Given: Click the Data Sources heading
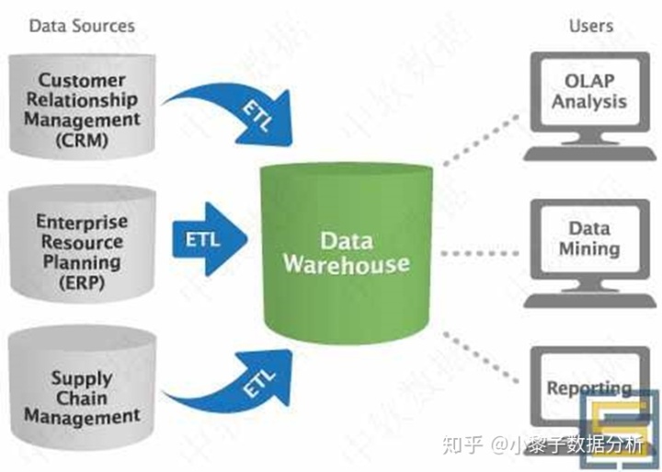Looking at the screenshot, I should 82,25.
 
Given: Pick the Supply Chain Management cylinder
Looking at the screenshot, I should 80,391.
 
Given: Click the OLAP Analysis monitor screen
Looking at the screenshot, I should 588,91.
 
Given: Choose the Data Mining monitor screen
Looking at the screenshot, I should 588,237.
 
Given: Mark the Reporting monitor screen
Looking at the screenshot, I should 588,385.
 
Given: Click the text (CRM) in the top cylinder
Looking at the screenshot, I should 80,141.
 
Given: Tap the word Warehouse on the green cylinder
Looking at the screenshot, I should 346,265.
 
